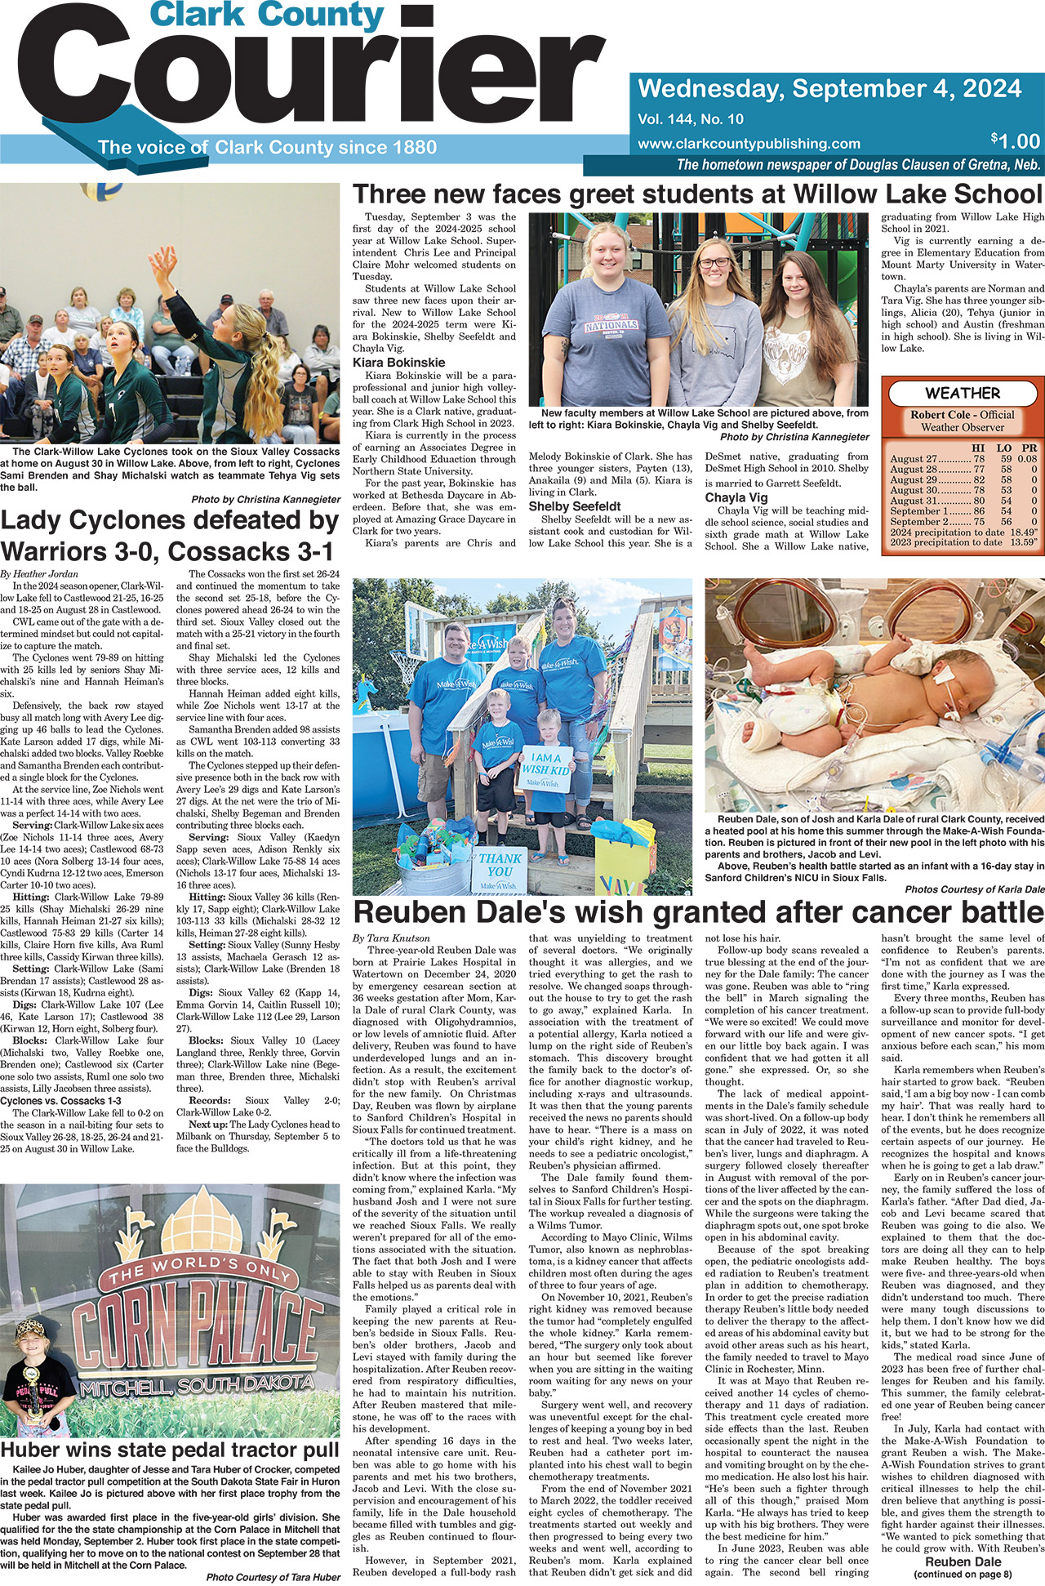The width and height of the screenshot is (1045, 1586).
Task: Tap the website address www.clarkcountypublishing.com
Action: (749, 144)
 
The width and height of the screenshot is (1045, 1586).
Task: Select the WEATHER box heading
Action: (963, 393)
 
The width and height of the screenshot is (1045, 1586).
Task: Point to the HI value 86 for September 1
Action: (979, 510)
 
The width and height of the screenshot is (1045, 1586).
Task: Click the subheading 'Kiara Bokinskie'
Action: (399, 362)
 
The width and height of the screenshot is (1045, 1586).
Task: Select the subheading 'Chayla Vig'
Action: (736, 497)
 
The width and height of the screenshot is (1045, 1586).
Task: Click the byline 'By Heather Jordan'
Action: (39, 573)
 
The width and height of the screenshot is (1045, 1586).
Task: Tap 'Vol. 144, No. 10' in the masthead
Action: (691, 119)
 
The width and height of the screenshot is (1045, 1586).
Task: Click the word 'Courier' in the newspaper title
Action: (318, 79)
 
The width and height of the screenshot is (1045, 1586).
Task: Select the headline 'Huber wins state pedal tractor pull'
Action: (170, 1450)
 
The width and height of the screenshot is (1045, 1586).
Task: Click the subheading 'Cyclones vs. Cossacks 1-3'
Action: (61, 1101)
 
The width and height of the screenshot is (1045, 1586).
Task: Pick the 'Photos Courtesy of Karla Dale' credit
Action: (974, 889)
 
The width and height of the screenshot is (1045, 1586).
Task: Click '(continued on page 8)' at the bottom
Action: (963, 1574)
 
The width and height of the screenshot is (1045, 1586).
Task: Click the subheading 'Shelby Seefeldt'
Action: (575, 506)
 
